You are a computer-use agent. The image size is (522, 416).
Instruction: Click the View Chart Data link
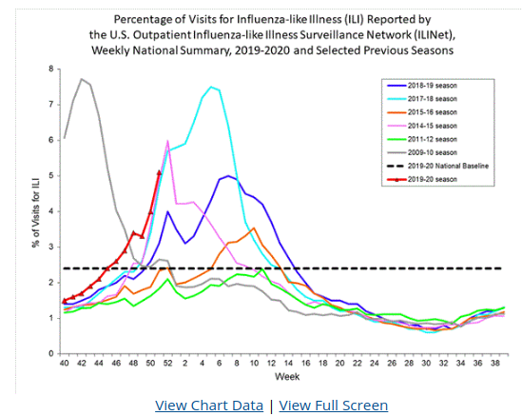point(208,406)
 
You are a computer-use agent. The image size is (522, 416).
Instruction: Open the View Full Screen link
point(333,406)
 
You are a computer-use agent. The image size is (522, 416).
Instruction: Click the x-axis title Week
point(282,379)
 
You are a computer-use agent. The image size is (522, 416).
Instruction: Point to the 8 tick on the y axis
point(51,69)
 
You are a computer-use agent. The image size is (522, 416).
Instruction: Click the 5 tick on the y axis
point(51,176)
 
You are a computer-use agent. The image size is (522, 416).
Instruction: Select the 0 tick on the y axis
point(51,354)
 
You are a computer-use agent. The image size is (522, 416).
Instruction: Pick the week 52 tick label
point(167,364)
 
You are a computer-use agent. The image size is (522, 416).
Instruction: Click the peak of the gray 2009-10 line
point(82,79)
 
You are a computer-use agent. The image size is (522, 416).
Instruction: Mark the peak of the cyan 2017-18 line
point(210,86)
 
